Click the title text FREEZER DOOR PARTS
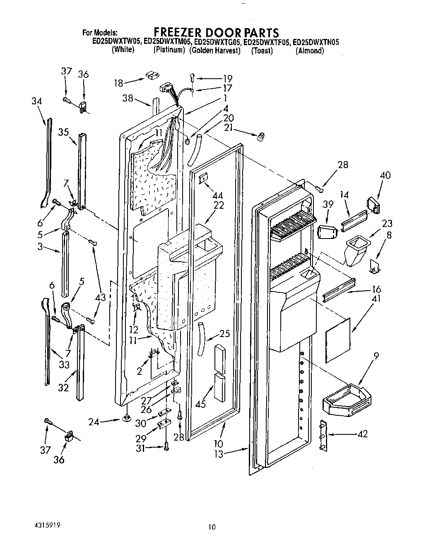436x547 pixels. coord(216,32)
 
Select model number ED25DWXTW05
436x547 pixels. coord(117,42)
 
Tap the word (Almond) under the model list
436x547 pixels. coord(309,51)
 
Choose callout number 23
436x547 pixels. coord(387,224)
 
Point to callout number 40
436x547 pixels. coord(385,175)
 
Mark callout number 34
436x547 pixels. coord(36,101)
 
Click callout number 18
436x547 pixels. coord(119,83)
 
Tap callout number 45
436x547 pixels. coord(200,404)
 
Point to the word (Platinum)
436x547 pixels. coord(169,50)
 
